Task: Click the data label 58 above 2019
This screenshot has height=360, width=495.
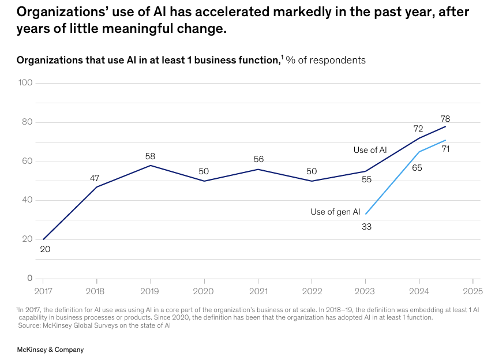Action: pyautogui.click(x=151, y=156)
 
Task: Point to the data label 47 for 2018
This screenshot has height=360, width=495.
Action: pyautogui.click(x=95, y=178)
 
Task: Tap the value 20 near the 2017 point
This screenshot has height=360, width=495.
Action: pyautogui.click(x=46, y=249)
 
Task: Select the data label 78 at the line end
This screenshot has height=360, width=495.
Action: pyautogui.click(x=445, y=118)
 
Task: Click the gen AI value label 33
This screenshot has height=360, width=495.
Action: pyautogui.click(x=366, y=227)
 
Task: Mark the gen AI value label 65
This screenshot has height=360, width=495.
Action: pyautogui.click(x=417, y=168)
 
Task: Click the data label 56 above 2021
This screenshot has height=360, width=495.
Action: pyautogui.click(x=258, y=160)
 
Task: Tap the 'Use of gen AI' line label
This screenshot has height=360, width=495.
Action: pyautogui.click(x=335, y=212)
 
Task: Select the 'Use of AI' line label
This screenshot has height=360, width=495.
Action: pyautogui.click(x=370, y=150)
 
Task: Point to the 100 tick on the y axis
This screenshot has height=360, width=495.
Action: pyautogui.click(x=25, y=83)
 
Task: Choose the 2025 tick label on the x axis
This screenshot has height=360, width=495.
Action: pyautogui.click(x=472, y=291)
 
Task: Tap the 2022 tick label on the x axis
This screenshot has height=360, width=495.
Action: pyautogui.click(x=312, y=291)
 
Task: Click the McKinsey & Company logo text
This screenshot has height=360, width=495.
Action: pyautogui.click(x=51, y=350)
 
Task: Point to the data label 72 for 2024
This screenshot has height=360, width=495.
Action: pyautogui.click(x=418, y=129)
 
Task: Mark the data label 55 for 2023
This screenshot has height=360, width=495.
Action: pyautogui.click(x=366, y=180)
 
